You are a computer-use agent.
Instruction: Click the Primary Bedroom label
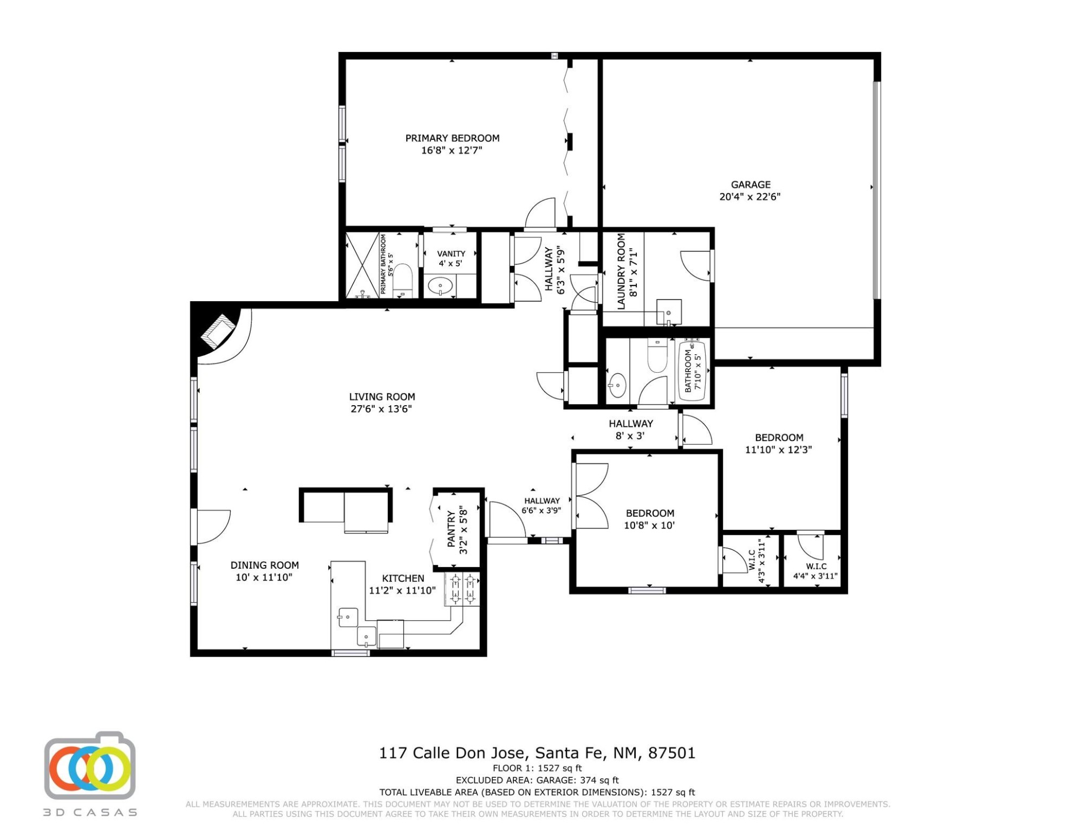coord(452,138)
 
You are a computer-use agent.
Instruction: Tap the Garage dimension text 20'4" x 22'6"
coord(750,197)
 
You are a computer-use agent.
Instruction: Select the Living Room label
coord(382,396)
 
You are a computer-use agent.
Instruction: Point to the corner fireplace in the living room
coord(218,330)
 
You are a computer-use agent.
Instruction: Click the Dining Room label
coord(264,565)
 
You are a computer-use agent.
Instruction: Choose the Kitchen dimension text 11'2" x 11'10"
coord(402,590)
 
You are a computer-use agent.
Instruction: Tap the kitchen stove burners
coord(462,589)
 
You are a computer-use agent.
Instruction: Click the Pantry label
coord(451,528)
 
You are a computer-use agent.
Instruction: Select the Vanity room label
coord(451,253)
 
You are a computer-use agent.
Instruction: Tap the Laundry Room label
coord(621,271)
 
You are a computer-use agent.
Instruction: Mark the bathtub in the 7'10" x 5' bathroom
coord(693,370)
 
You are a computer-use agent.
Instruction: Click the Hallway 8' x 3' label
coord(631,424)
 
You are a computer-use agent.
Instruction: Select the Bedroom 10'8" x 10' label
coord(650,513)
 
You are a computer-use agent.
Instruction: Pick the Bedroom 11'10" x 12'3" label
coord(779,438)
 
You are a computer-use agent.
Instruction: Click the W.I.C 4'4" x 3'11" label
coord(816,567)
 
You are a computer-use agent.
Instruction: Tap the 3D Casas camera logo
coord(90,766)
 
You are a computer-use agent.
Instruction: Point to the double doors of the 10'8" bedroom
coord(591,496)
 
